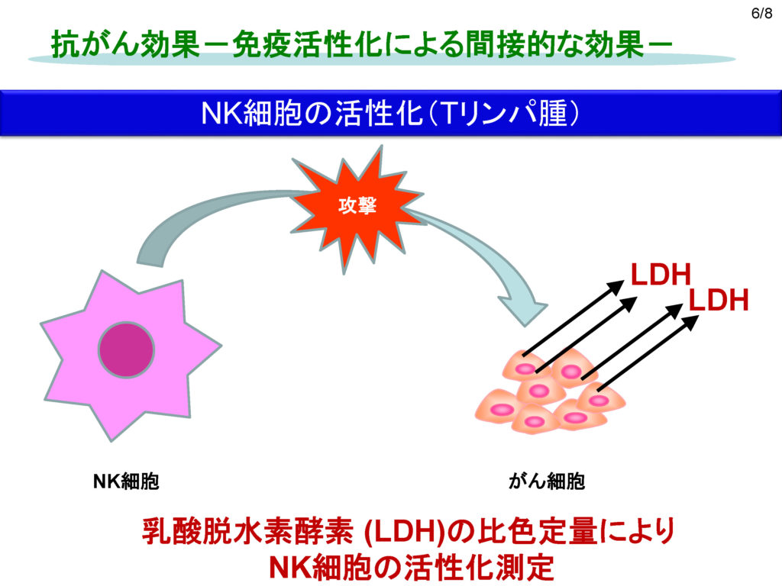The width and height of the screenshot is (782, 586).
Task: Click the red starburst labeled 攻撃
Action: (357, 208)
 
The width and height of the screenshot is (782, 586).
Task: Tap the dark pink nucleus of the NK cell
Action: (126, 349)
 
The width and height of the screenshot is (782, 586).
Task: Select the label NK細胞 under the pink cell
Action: (126, 481)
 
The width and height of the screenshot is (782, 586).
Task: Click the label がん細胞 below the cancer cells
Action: (547, 481)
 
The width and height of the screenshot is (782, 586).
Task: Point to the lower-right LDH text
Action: (719, 301)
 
